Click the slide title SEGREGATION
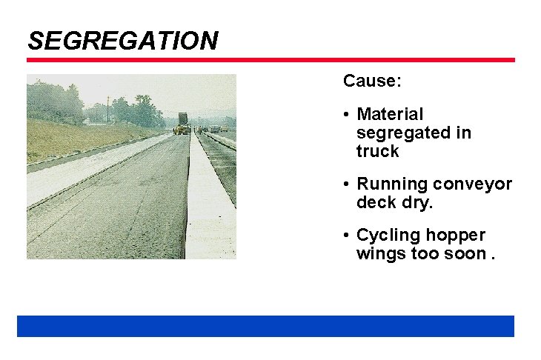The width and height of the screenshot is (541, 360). pyautogui.click(x=122, y=40)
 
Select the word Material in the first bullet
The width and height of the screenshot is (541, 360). pyautogui.click(x=390, y=114)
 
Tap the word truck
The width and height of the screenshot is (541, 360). pyautogui.click(x=377, y=151)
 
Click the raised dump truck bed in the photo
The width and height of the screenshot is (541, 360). pyautogui.click(x=182, y=120)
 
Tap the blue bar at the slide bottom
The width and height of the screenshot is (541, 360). pyautogui.click(x=265, y=326)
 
